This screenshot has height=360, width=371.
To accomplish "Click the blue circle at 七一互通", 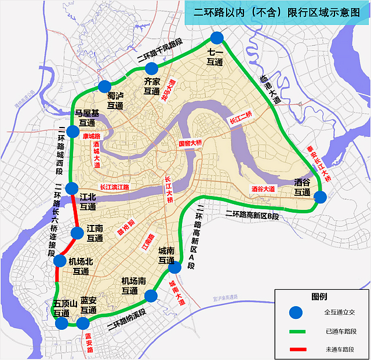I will [217, 38].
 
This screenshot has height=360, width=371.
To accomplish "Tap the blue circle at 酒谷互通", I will [321, 197].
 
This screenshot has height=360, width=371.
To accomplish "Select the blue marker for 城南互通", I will [174, 267].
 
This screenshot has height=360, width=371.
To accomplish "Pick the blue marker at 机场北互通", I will [60, 261].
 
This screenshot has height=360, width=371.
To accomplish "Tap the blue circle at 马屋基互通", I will [72, 132].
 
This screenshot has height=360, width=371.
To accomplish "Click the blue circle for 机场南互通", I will [151, 296].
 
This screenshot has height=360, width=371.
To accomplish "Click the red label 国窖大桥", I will [190, 143].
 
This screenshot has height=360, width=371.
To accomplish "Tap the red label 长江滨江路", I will [114, 188].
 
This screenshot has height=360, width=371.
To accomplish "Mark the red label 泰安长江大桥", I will [318, 163].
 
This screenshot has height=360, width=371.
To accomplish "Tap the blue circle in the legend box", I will [297, 312].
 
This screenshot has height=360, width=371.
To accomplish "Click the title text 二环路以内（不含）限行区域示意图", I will [277, 13].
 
